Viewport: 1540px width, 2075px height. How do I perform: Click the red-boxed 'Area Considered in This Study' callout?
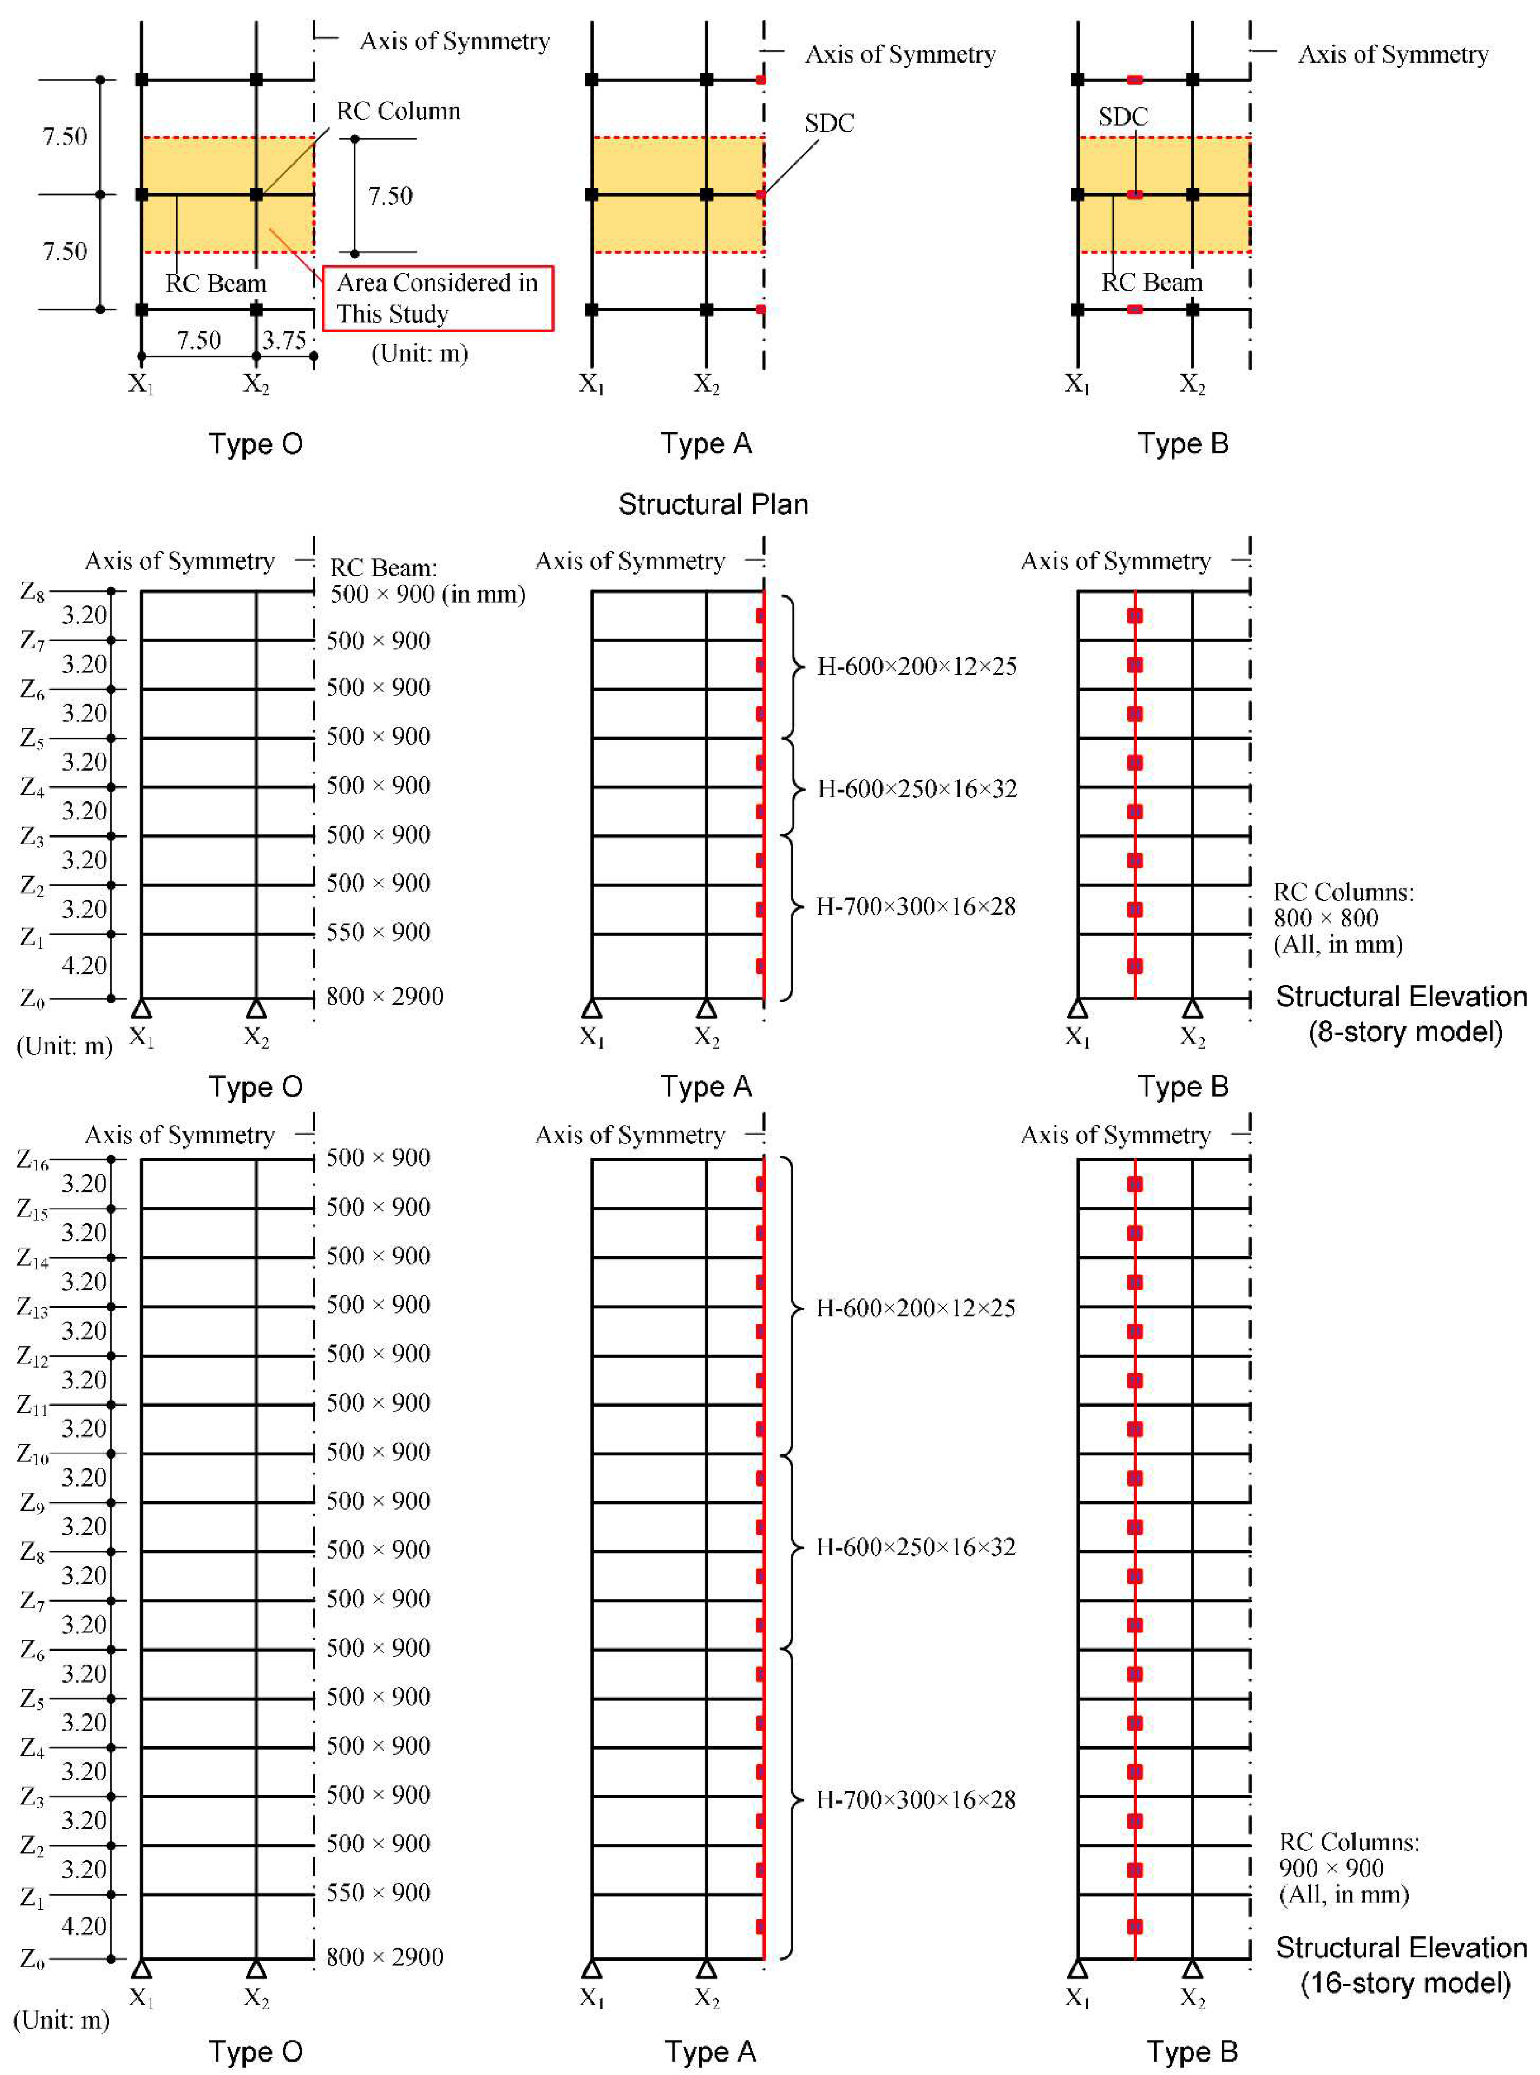pyautogui.click(x=437, y=297)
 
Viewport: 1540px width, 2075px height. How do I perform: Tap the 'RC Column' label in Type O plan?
pyautogui.click(x=398, y=111)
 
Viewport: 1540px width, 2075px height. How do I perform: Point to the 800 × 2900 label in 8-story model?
pyautogui.click(x=384, y=996)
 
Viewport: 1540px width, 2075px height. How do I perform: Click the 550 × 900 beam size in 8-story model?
pyautogui.click(x=378, y=932)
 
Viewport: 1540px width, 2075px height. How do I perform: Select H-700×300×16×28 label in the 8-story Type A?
pyautogui.click(x=916, y=905)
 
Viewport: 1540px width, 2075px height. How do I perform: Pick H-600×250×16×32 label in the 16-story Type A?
pyautogui.click(x=916, y=1547)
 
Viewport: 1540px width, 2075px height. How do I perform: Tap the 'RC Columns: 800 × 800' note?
pyautogui.click(x=1343, y=918)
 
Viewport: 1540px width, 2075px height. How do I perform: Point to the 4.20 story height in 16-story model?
pyautogui.click(x=84, y=1926)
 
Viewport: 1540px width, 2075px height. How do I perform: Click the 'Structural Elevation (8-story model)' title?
pyautogui.click(x=1401, y=1014)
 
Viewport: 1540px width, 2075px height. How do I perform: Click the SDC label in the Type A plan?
pyautogui.click(x=829, y=122)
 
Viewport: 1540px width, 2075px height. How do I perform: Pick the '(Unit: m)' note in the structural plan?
pyautogui.click(x=419, y=353)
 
